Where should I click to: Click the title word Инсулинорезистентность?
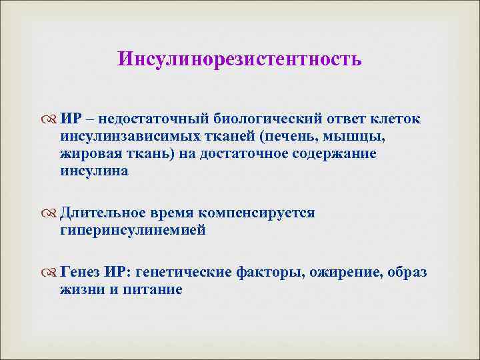click(240, 59)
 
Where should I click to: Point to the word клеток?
click(398, 119)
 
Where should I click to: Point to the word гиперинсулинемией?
click(133, 230)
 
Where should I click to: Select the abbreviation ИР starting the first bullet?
click(71, 119)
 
